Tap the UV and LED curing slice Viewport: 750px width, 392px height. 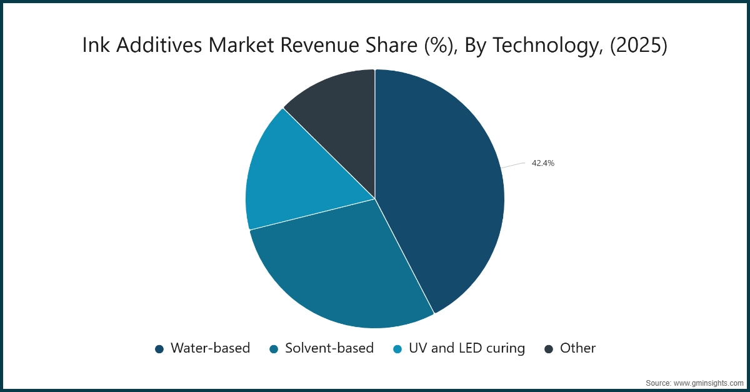[301, 178]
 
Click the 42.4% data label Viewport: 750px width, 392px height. [542, 163]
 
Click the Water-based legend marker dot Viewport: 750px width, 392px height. [159, 349]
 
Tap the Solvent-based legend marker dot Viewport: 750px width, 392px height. [274, 349]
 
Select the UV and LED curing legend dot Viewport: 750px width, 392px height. [397, 349]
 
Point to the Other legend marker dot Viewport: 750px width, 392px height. [549, 349]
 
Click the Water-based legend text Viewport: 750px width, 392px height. [210, 348]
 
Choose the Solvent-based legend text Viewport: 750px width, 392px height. [329, 348]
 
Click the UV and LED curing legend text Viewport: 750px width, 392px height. [467, 349]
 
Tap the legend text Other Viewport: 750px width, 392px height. [578, 348]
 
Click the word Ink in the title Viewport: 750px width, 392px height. [96, 45]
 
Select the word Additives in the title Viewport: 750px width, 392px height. [159, 45]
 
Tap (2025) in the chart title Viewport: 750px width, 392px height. [639, 46]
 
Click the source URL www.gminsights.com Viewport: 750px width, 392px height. [708, 383]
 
